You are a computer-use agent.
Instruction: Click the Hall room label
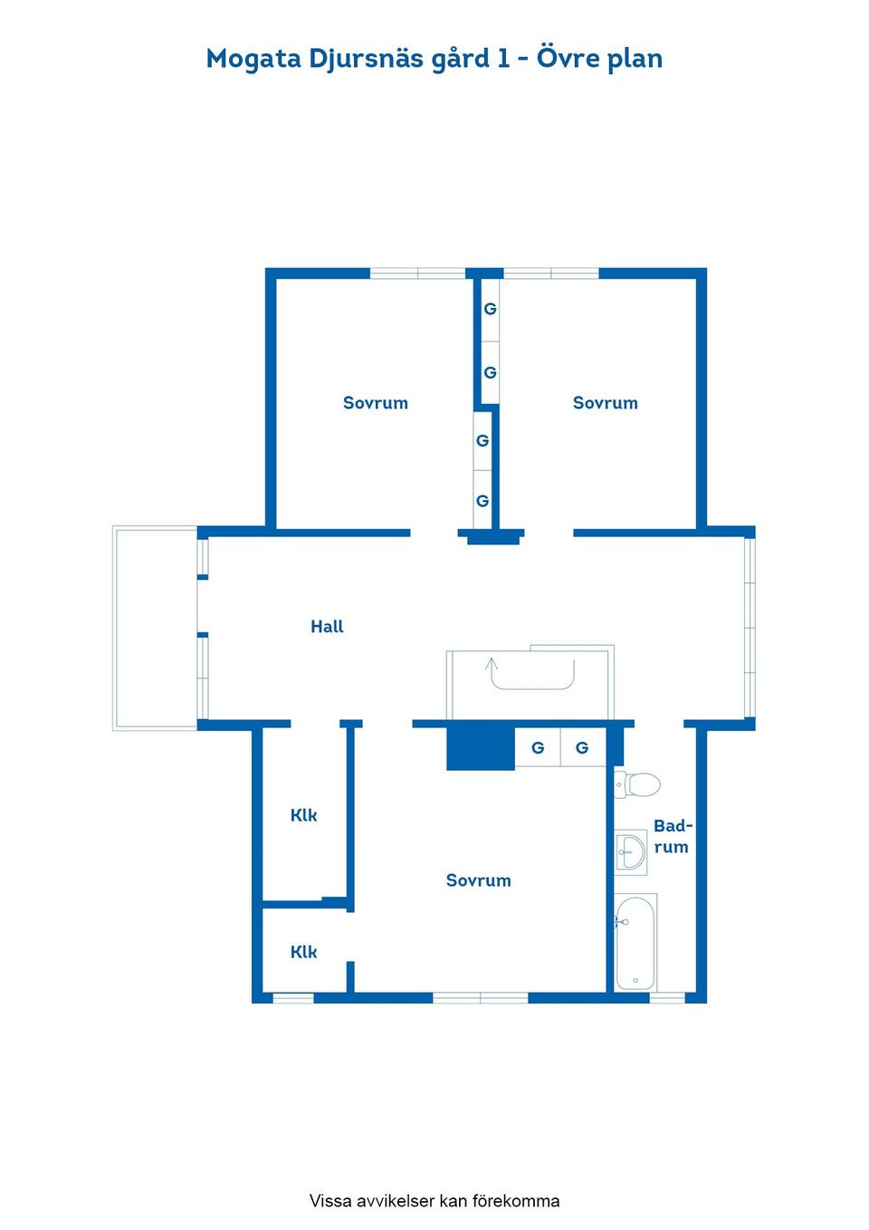pos(327,627)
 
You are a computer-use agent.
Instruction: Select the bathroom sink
pos(630,851)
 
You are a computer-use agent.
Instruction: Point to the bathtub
pos(635,942)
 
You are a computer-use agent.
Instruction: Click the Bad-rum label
pos(673,836)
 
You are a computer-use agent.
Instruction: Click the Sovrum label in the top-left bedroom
pos(376,403)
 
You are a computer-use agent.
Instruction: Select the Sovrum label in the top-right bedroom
pos(605,403)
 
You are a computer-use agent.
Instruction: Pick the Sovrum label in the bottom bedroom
pos(478,880)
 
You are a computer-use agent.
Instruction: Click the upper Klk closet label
pos(303,815)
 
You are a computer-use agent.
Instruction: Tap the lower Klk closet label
pos(303,952)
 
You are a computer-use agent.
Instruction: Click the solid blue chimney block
pos(481,749)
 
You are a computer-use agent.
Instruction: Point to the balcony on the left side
pos(156,629)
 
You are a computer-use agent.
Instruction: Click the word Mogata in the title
pos(253,59)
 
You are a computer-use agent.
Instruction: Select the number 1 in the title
pos(503,58)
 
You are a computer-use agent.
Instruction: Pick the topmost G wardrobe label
pos(490,309)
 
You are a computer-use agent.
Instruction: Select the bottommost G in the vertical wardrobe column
pos(482,501)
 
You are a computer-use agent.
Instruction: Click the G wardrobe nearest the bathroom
pos(582,747)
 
